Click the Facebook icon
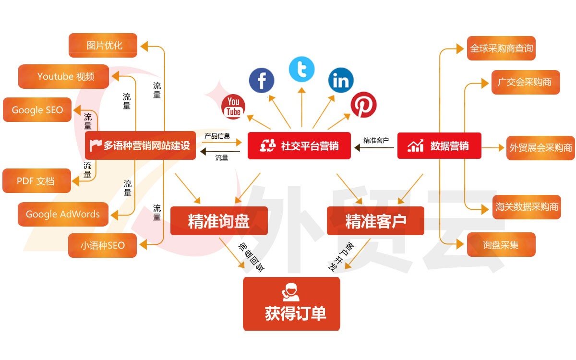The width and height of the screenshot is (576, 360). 262,80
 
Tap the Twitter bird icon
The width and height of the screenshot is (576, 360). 301,69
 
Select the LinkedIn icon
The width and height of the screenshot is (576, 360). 341,80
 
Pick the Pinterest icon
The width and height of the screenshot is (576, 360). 363,105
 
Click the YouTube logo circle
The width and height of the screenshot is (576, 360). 233,107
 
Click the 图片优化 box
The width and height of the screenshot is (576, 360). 103,46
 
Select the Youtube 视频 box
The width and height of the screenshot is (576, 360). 64,76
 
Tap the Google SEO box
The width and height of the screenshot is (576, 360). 37,110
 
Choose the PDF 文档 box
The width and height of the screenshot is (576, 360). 36,181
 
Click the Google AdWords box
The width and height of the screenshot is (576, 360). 63,214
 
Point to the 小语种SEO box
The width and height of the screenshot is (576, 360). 103,245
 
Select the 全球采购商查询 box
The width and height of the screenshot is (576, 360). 501,48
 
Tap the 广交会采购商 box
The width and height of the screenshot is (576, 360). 526,82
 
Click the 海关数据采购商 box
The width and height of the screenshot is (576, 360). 527,207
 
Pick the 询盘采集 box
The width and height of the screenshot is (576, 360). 501,245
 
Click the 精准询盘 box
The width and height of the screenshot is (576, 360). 219,221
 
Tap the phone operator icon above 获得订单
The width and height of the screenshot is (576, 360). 291,292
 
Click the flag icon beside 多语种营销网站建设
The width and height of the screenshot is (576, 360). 96,145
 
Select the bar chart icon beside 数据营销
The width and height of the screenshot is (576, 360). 416,145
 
